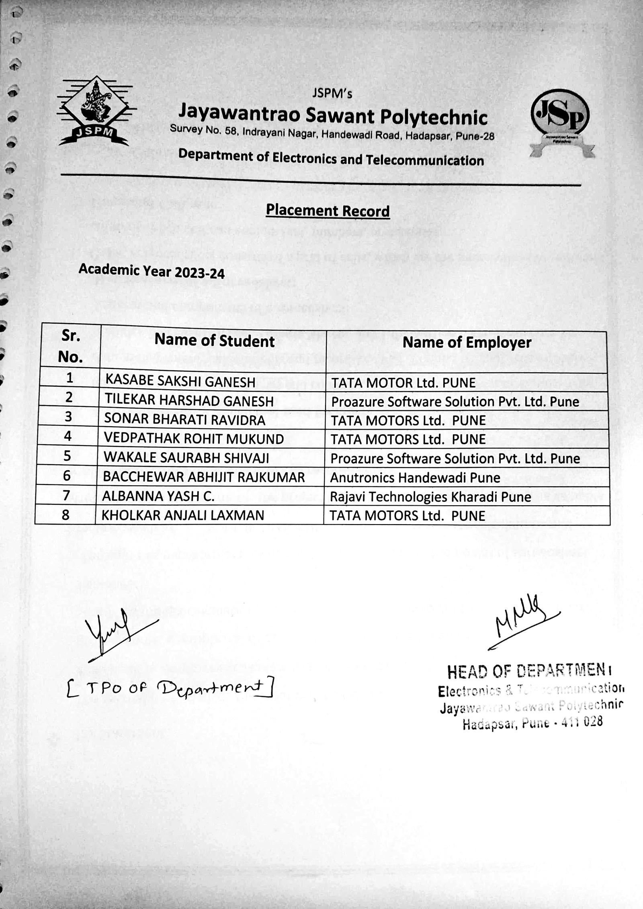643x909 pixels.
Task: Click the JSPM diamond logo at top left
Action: click(x=96, y=111)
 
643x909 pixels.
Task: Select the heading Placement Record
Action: click(x=328, y=210)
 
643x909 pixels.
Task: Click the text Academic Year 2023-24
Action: click(x=152, y=271)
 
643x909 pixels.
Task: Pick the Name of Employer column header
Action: click(x=467, y=343)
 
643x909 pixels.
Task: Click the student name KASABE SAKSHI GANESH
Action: click(x=180, y=382)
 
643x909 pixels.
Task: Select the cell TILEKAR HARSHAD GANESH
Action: click(x=189, y=400)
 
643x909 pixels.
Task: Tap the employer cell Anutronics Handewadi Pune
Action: click(x=415, y=478)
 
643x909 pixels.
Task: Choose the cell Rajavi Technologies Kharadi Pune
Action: click(x=430, y=497)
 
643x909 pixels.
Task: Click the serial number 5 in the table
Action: click(x=67, y=456)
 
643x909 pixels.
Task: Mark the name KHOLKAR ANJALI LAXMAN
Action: click(x=182, y=515)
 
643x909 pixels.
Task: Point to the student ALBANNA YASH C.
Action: click(x=158, y=496)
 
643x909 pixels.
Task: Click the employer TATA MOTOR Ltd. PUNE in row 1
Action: click(x=403, y=383)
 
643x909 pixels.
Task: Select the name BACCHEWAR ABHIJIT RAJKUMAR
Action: click(x=204, y=477)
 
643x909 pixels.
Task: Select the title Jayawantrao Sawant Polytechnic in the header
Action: click(x=332, y=116)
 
